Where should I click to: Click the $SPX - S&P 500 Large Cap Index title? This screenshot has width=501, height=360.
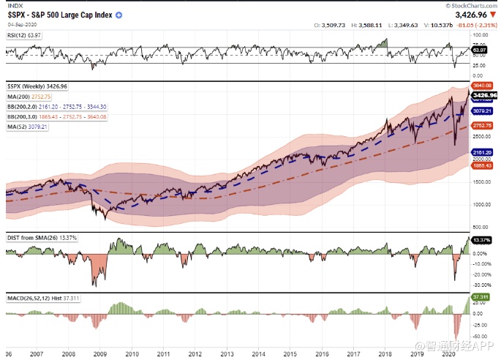click(x=59, y=15)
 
